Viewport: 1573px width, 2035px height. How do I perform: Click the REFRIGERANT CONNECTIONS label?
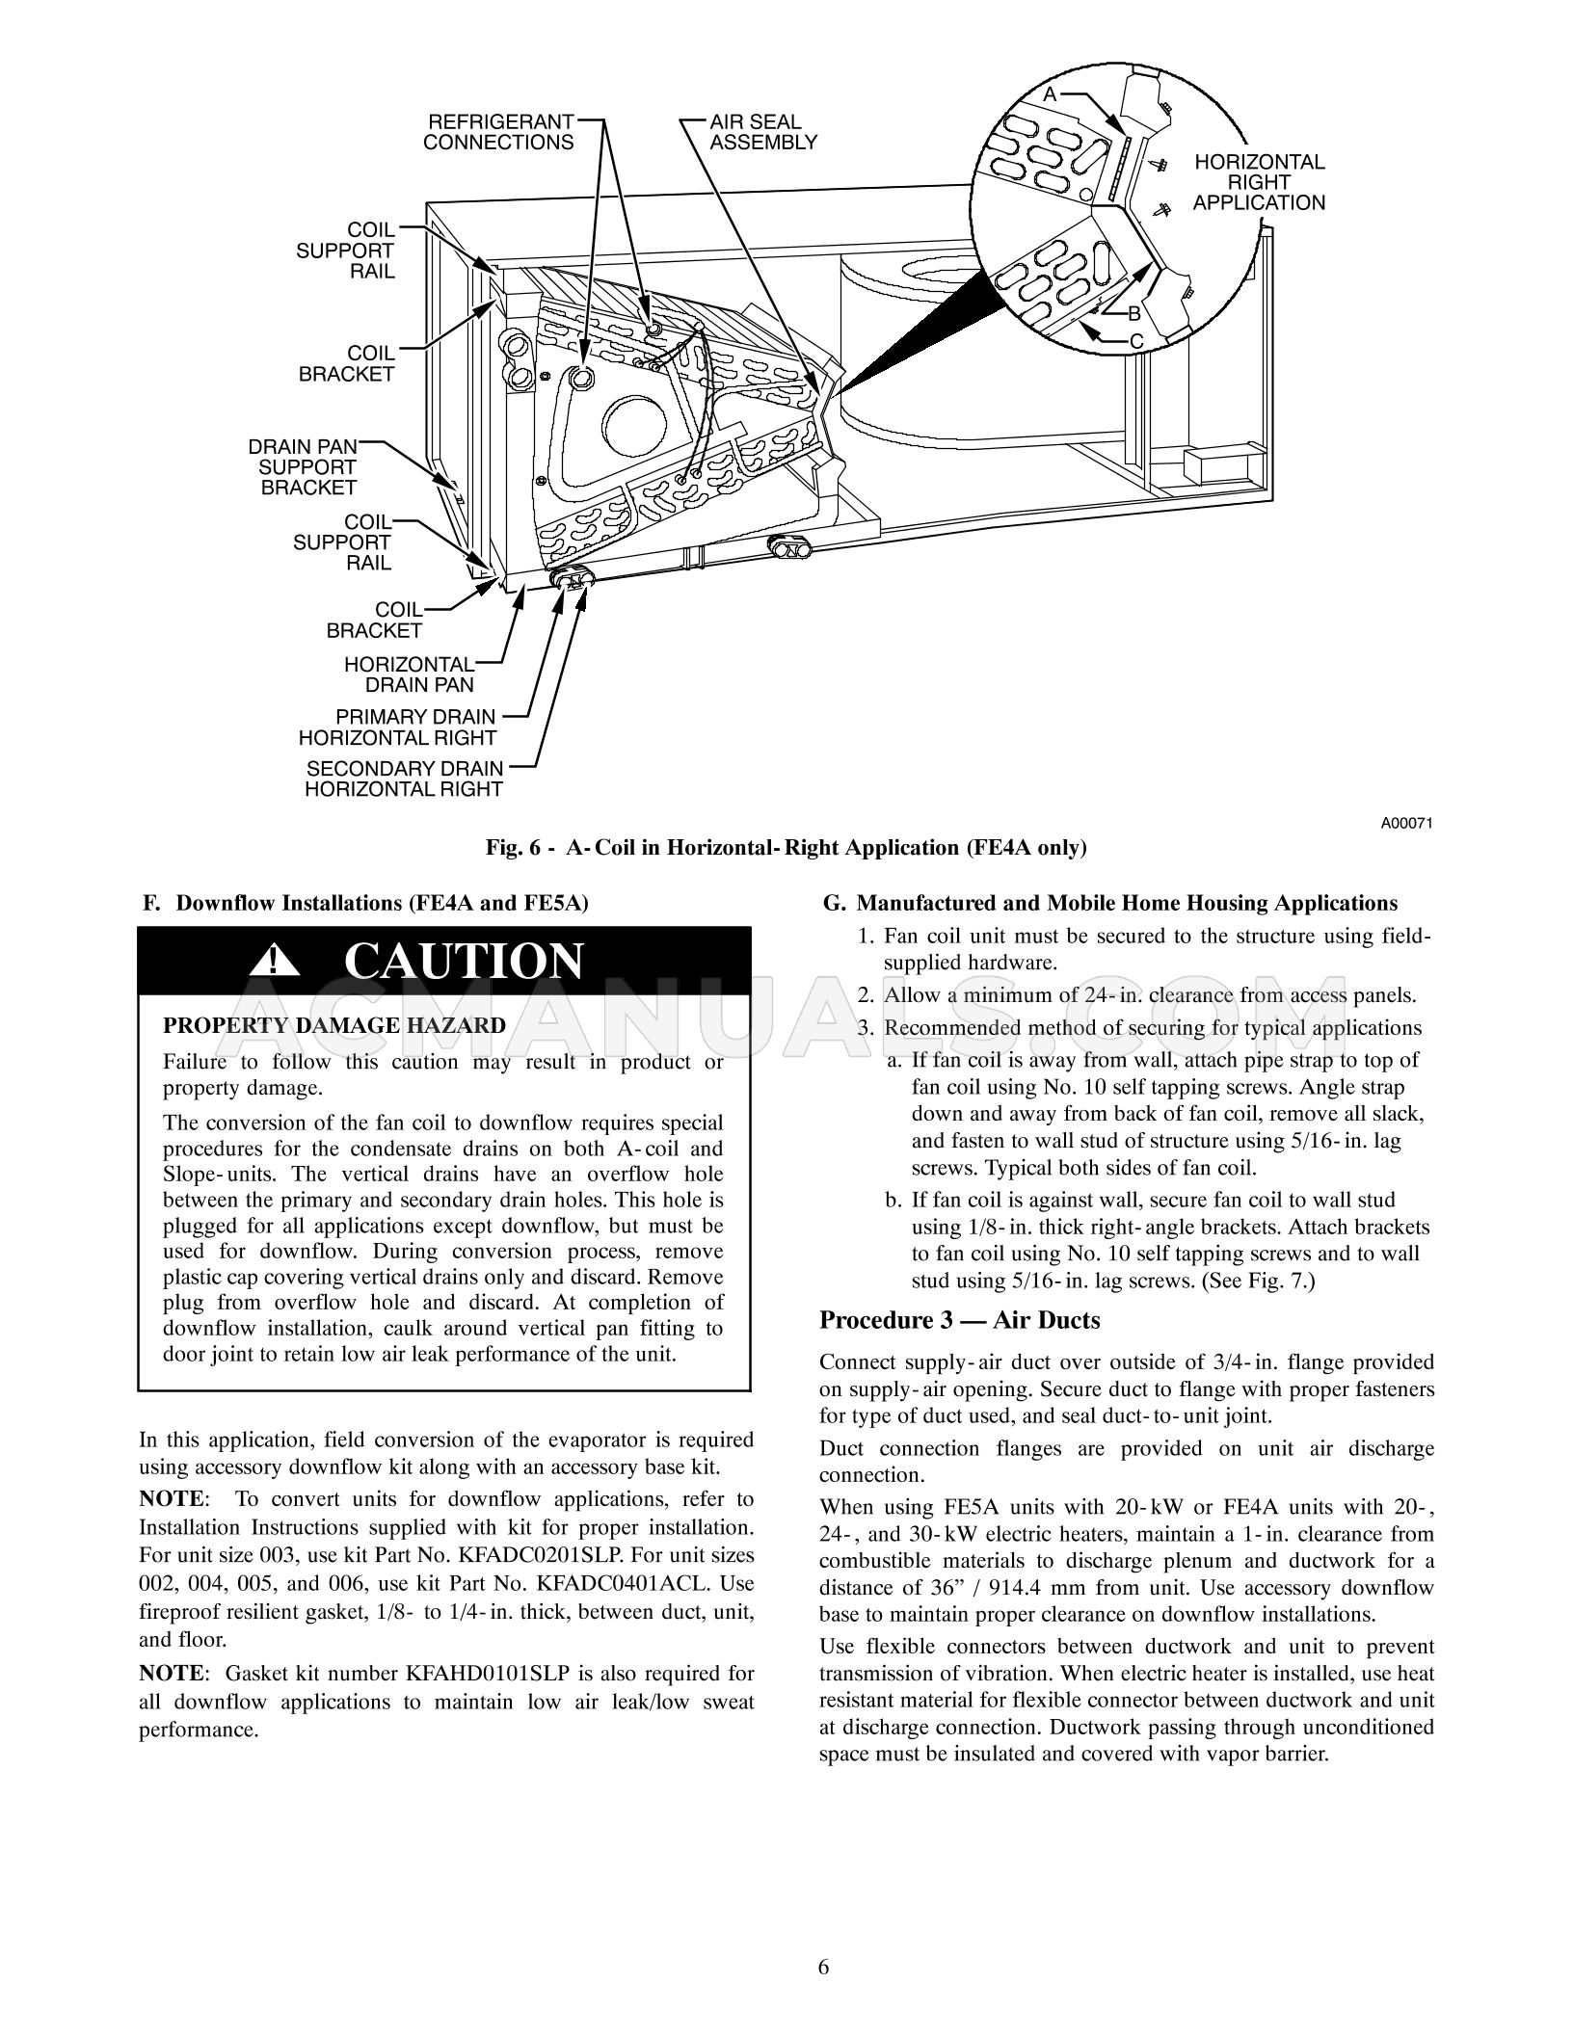click(498, 133)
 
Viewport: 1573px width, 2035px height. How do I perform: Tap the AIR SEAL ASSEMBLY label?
click(763, 133)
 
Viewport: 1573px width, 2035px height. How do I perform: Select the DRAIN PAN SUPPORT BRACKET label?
click(303, 467)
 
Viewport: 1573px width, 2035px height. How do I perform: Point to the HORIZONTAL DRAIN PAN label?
click(410, 674)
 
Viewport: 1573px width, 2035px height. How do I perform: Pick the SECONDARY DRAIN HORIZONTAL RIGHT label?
click(404, 779)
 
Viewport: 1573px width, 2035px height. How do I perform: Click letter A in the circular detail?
click(1050, 94)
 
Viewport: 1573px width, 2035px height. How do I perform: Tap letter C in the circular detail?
click(1136, 341)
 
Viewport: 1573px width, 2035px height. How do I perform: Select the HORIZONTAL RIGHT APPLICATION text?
click(1259, 182)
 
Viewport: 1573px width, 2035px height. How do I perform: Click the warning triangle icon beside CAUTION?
click(275, 961)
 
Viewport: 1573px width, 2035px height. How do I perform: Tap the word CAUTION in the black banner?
click(464, 961)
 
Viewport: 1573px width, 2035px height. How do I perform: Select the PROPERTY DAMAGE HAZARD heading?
click(333, 1025)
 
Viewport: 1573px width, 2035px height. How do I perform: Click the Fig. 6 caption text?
click(786, 848)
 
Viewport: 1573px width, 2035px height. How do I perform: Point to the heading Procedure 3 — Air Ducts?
click(959, 1320)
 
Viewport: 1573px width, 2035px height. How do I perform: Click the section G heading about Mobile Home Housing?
click(1109, 903)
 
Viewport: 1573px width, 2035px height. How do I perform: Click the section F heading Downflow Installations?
click(365, 903)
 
